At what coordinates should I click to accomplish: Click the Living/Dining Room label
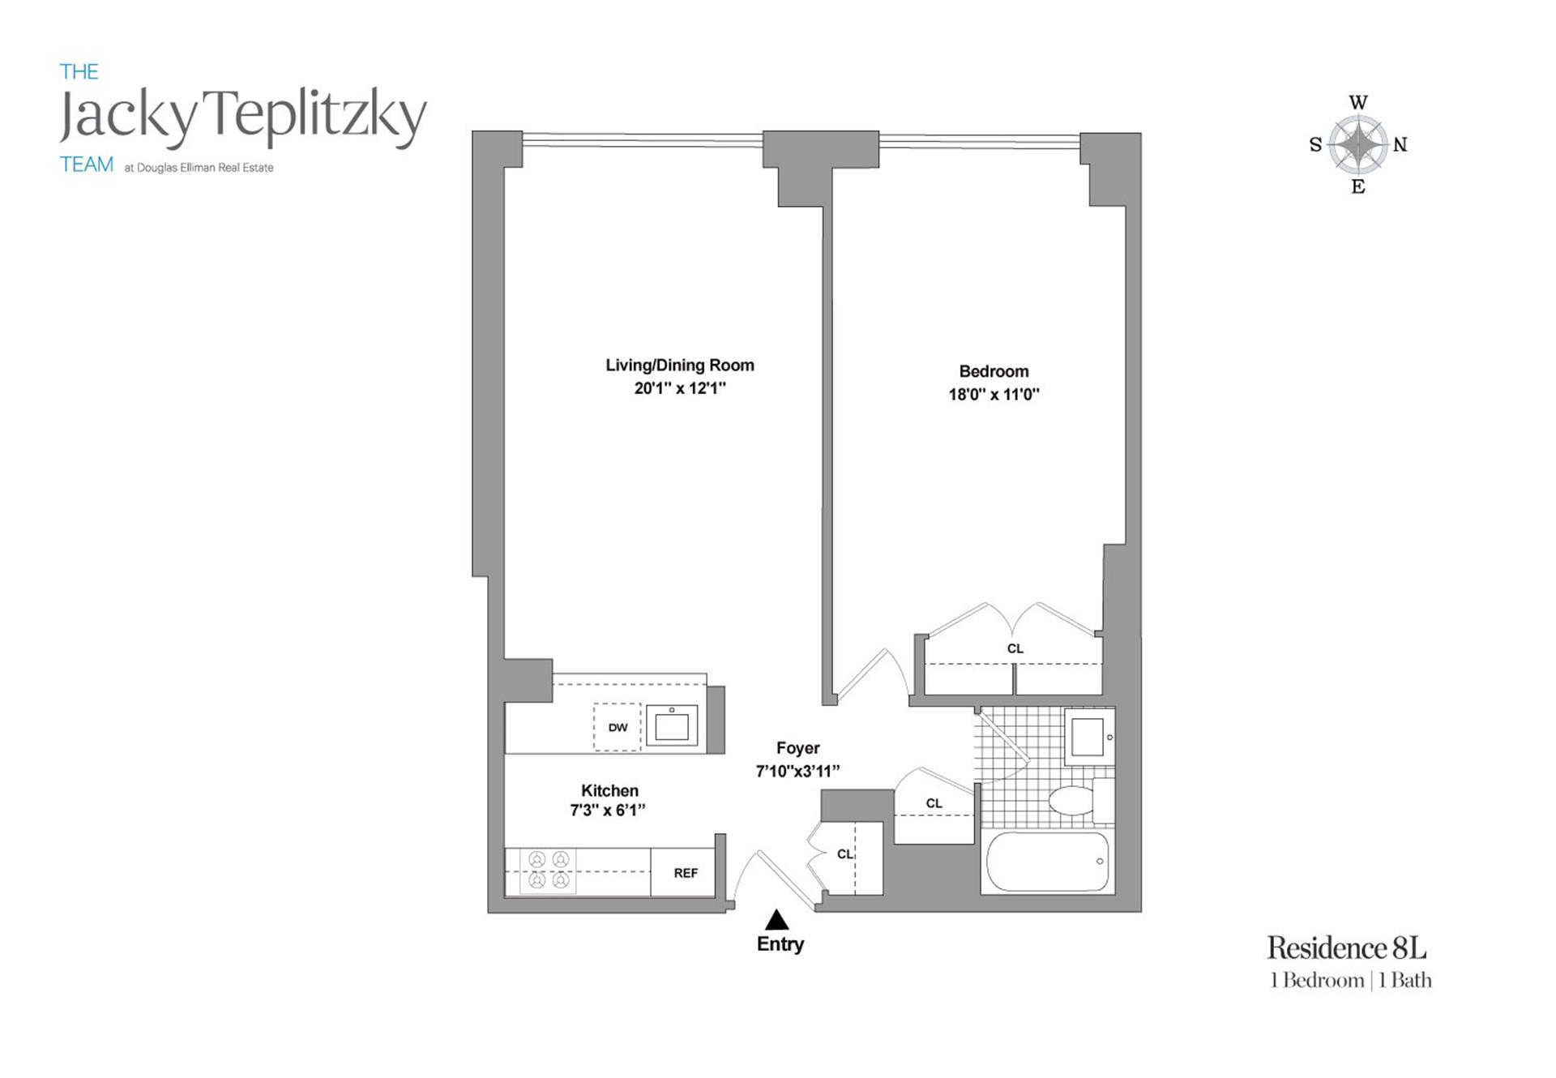(679, 366)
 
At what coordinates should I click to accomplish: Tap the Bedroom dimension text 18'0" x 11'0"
(994, 395)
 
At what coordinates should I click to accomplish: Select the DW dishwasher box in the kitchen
(618, 727)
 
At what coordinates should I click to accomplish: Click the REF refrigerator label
(686, 873)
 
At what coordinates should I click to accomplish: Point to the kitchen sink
(671, 725)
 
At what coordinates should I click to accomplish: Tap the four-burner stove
(549, 870)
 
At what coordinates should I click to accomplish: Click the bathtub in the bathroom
(1047, 862)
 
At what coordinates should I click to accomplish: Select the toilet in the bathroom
(1078, 801)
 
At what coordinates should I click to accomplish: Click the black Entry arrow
(777, 919)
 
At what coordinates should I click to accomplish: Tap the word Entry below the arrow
(780, 944)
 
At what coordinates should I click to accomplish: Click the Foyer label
(797, 748)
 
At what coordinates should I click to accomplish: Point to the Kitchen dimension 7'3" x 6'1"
(608, 810)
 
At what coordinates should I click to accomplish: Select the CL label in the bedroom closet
(1015, 648)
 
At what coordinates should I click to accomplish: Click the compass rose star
(1357, 144)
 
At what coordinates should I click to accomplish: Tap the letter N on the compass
(1400, 145)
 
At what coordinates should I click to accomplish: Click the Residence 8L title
(1346, 948)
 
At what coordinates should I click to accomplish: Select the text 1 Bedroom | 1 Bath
(1350, 981)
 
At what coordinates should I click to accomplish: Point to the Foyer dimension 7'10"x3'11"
(797, 771)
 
